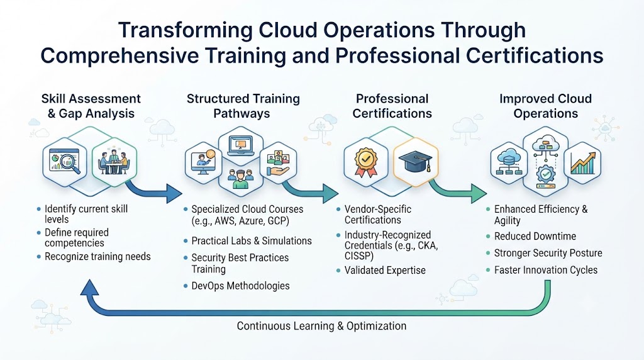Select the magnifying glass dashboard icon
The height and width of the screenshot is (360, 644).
point(65,161)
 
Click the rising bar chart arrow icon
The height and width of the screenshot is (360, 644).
point(583,163)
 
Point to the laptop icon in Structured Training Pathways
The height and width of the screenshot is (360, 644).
point(241,146)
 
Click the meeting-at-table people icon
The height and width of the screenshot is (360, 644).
point(114,162)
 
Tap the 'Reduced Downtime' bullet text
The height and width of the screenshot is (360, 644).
point(535,236)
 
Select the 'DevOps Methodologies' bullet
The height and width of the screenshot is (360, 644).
point(240,286)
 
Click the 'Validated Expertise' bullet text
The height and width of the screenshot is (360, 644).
point(385,271)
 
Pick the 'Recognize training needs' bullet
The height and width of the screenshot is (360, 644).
point(97,257)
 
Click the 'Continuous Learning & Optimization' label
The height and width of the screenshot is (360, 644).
point(321,326)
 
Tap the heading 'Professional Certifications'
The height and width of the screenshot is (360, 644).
point(392,106)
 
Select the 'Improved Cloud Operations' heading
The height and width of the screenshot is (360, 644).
point(545,106)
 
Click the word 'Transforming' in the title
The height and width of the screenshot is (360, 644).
point(185,30)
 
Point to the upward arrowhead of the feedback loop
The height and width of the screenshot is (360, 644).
point(89,287)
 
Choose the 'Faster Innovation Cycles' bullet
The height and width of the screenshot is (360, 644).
point(545,270)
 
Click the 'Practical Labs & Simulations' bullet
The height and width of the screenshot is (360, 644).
point(252,241)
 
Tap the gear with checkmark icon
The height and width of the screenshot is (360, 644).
point(545,174)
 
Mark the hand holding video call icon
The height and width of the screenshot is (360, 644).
point(278,163)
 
